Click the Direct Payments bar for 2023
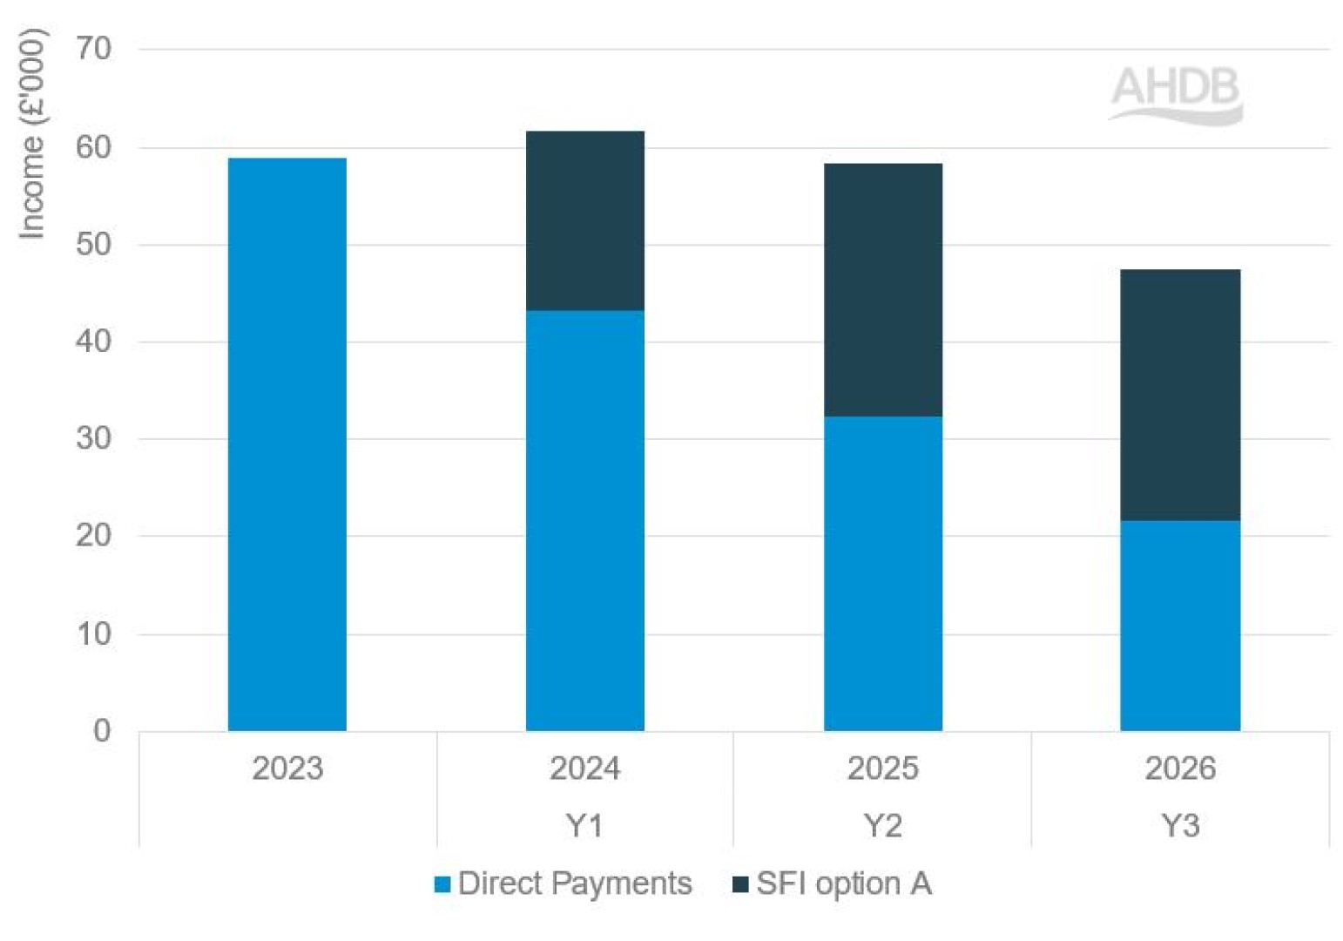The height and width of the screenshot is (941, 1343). pyautogui.click(x=287, y=444)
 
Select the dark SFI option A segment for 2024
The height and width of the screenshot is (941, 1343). pyautogui.click(x=584, y=220)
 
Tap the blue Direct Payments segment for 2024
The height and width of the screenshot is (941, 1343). pyautogui.click(x=584, y=520)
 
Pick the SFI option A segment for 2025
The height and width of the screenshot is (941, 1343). pyautogui.click(x=882, y=289)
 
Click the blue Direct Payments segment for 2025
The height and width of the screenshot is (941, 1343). pyautogui.click(x=882, y=573)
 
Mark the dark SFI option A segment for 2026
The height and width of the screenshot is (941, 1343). pyautogui.click(x=1179, y=395)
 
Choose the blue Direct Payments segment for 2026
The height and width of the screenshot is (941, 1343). pyautogui.click(x=1179, y=626)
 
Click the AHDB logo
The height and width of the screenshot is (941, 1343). pyautogui.click(x=1175, y=94)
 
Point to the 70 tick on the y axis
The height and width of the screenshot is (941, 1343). pyautogui.click(x=94, y=49)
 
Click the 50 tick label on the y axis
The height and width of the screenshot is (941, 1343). pyautogui.click(x=94, y=244)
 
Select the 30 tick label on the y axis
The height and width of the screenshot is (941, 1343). pyautogui.click(x=94, y=438)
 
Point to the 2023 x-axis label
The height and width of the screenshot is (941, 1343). pyautogui.click(x=287, y=768)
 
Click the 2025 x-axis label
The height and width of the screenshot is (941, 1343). pyautogui.click(x=882, y=768)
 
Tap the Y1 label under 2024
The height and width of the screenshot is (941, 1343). pyautogui.click(x=584, y=824)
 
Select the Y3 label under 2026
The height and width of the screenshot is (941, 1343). pyautogui.click(x=1179, y=824)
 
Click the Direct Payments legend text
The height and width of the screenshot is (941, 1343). pyautogui.click(x=575, y=883)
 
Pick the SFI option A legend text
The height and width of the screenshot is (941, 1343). pyautogui.click(x=843, y=883)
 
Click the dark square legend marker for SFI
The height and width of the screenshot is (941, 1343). pyautogui.click(x=740, y=884)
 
